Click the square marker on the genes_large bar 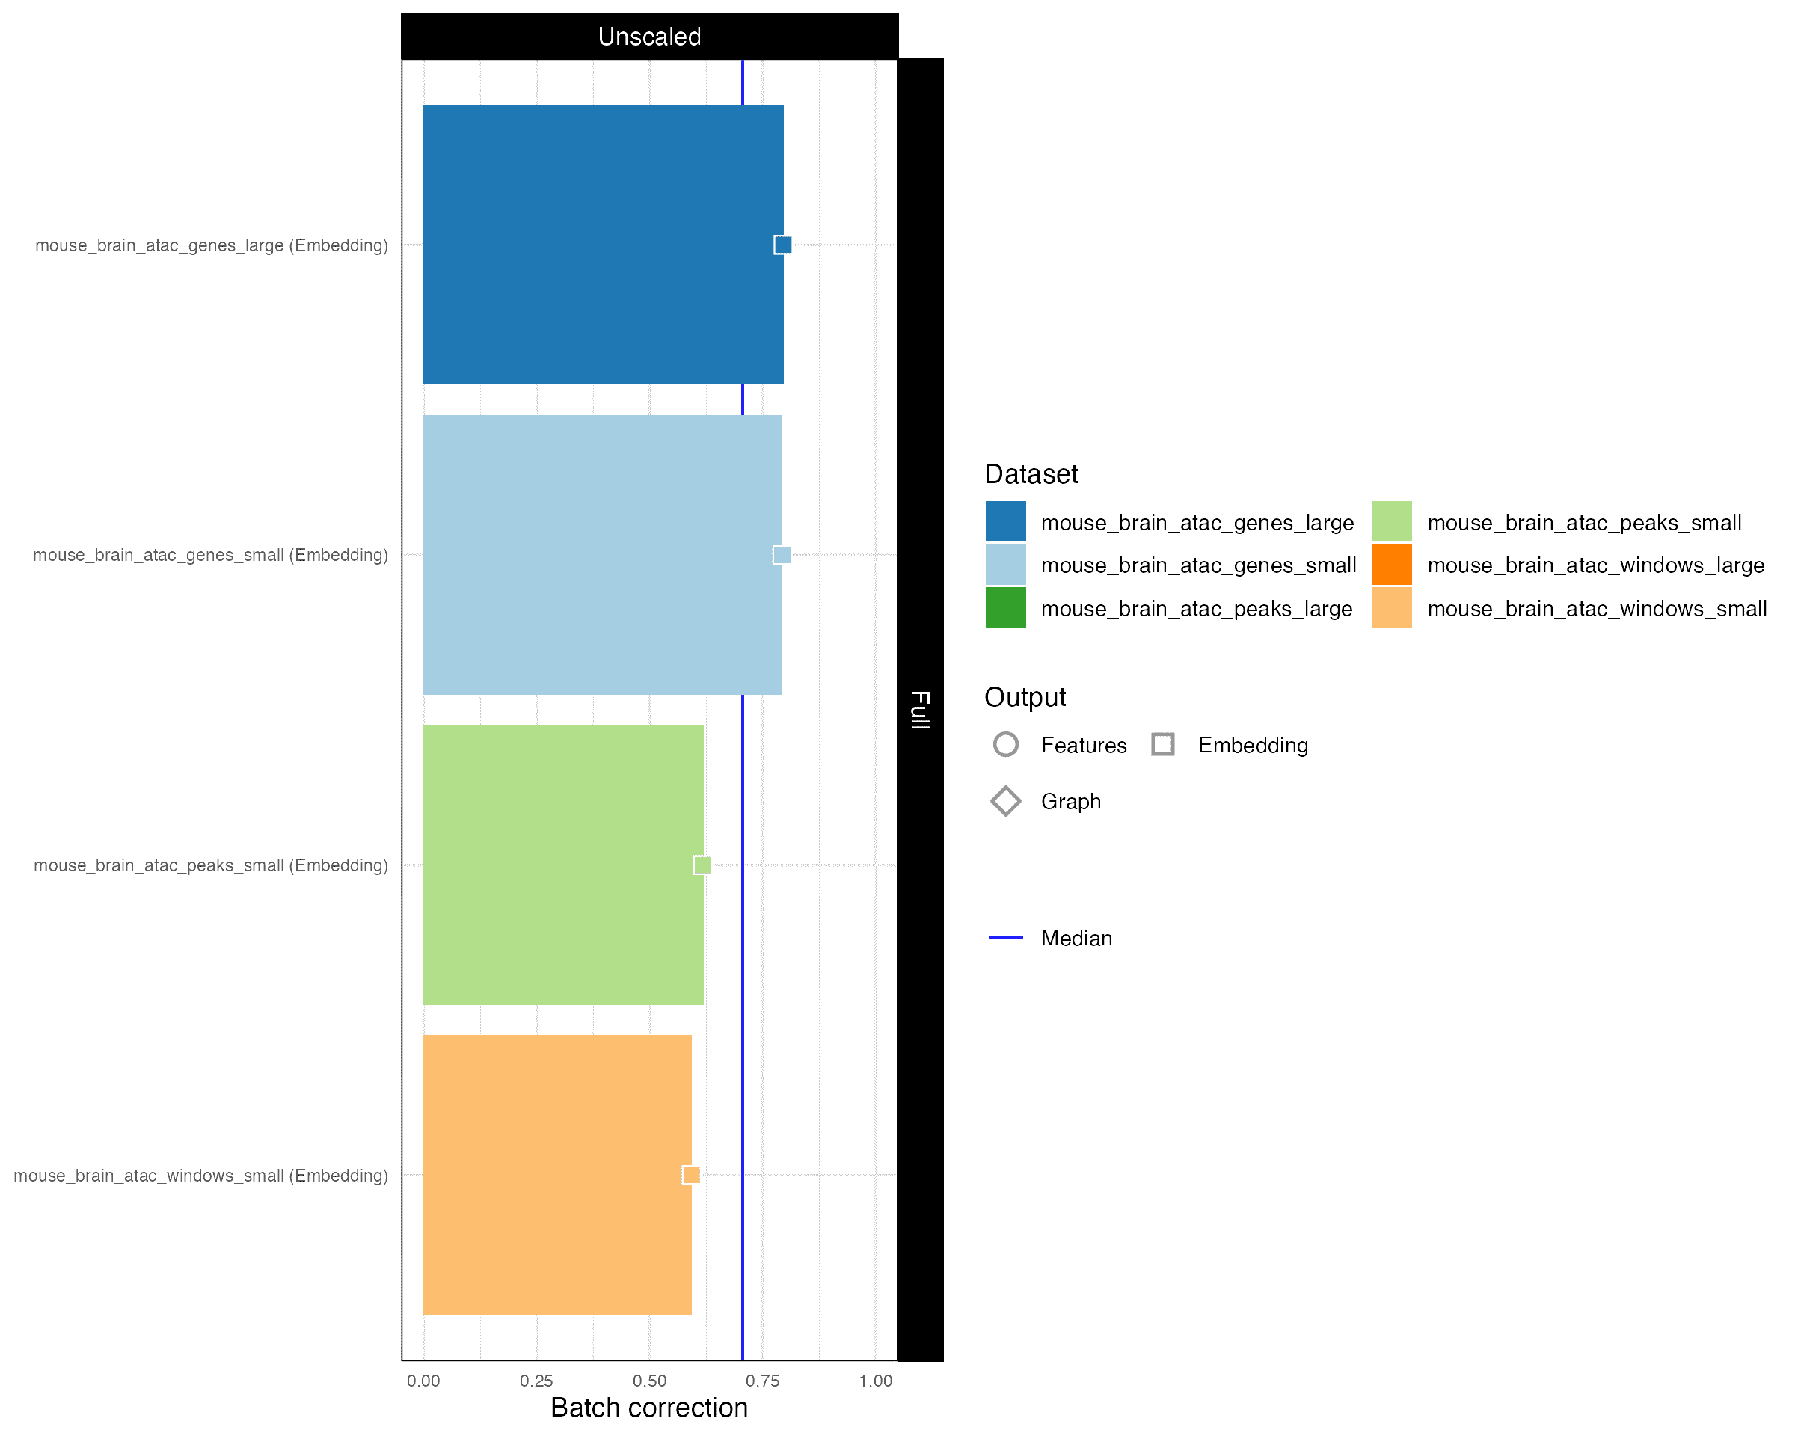(x=782, y=245)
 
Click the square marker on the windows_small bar (x=691, y=1175)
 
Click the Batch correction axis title (x=649, y=1408)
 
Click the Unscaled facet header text (x=649, y=37)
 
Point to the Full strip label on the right (x=920, y=709)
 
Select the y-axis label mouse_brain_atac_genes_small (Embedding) (x=211, y=555)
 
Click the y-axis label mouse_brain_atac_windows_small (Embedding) (x=200, y=1176)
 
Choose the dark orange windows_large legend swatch (x=1392, y=565)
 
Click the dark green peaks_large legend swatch (x=1006, y=608)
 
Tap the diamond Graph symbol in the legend (x=1006, y=801)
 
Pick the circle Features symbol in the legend (x=1006, y=744)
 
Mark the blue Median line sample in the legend (x=1006, y=938)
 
